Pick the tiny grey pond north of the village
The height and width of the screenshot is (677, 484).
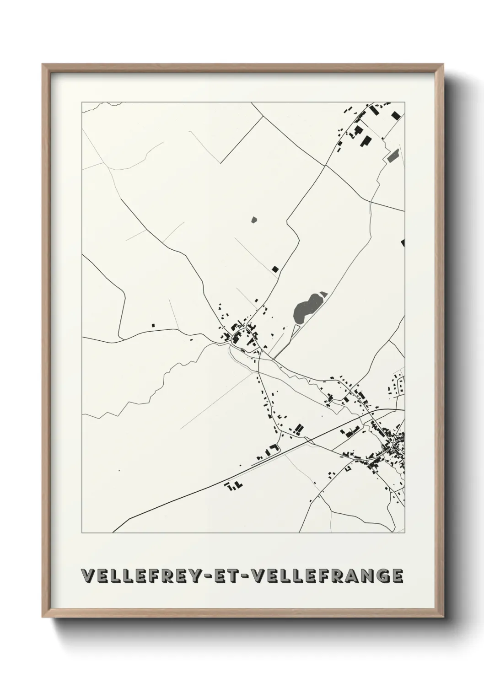tap(254, 220)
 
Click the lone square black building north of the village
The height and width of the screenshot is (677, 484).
tap(275, 269)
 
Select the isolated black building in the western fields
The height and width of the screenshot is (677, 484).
tap(153, 325)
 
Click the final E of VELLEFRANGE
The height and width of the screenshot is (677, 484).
tap(397, 576)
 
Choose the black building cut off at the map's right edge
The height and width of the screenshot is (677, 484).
tap(403, 242)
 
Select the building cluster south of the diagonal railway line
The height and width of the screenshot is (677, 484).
tap(233, 486)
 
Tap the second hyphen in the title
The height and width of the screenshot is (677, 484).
tap(244, 576)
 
